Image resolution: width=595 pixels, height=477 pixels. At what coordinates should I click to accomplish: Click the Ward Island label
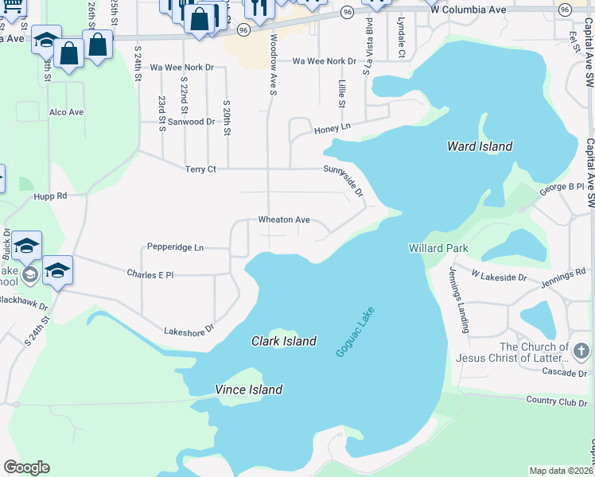click(479, 146)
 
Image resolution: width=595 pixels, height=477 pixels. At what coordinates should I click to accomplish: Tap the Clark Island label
click(284, 341)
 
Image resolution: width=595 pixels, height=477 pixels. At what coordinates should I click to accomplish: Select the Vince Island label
click(248, 390)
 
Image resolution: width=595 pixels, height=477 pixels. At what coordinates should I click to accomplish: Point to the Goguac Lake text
click(355, 332)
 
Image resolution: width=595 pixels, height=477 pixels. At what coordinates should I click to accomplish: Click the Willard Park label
click(438, 248)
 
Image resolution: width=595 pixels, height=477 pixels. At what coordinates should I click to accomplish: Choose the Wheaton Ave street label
click(283, 220)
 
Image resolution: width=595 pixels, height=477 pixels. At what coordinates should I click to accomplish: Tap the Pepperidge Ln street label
click(175, 247)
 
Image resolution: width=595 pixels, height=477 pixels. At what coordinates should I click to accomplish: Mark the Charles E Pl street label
click(150, 273)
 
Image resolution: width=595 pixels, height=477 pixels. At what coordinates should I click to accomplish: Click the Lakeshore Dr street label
click(189, 328)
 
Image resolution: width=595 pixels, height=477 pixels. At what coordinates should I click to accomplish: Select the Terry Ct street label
click(200, 169)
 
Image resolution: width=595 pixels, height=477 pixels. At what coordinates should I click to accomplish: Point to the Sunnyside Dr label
click(344, 181)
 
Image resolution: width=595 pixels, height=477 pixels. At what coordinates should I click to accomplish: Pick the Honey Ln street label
click(332, 128)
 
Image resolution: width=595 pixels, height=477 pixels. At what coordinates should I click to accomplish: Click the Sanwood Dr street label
click(191, 122)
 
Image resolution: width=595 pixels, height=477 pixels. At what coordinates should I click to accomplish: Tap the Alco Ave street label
click(66, 112)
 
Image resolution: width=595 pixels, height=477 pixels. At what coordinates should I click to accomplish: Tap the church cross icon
click(581, 351)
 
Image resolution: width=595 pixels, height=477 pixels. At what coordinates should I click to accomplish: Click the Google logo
click(26, 467)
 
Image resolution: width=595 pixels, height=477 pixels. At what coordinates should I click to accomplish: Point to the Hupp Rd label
click(50, 195)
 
